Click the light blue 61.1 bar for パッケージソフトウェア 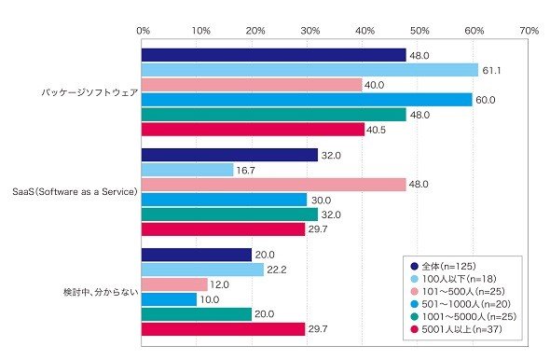[x=309, y=70]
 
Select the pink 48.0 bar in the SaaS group [x=273, y=185]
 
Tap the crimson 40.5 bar [x=253, y=130]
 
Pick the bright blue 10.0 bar [x=169, y=299]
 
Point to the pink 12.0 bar [x=174, y=284]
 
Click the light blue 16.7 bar [x=187, y=170]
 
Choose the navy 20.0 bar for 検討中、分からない [x=197, y=255]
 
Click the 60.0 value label [x=486, y=100]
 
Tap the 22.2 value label [x=277, y=270]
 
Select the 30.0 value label [x=321, y=200]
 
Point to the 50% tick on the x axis [x=419, y=31]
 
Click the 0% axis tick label [x=144, y=31]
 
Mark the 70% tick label [x=529, y=31]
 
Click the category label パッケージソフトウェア [x=89, y=92]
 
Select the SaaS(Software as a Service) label [x=75, y=191]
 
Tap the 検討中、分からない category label [x=101, y=292]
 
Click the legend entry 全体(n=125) [x=444, y=266]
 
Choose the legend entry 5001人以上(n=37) [x=457, y=329]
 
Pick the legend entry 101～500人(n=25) [x=458, y=291]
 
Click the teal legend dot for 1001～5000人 [x=414, y=316]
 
